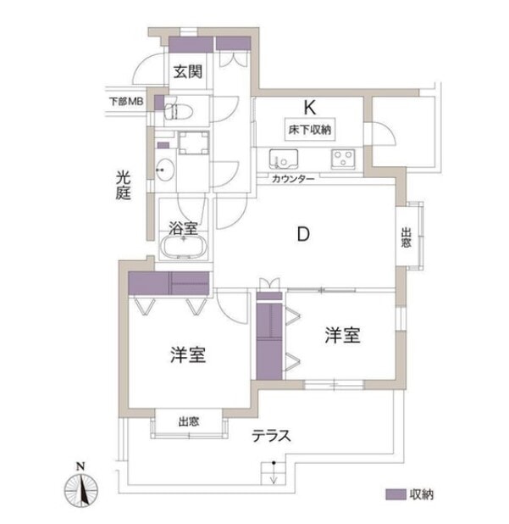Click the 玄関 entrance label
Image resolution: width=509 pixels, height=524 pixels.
pos(188,71)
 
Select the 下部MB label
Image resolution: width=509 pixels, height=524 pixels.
pos(126,101)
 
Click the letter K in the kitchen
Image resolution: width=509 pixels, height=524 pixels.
pos(309,108)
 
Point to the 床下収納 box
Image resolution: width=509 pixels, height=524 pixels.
pos(310,130)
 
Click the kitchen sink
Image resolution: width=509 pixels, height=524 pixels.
pos(284,159)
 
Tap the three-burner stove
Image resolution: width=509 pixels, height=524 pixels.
pos(343,159)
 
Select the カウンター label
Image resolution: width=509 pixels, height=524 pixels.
pos(293,179)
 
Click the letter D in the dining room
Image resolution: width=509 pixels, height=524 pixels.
pos(303,234)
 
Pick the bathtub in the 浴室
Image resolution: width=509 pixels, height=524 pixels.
pos(183,247)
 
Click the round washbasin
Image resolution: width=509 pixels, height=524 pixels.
pos(165,170)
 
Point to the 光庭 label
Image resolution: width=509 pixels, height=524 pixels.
pos(123,185)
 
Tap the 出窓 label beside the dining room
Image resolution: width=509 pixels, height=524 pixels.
pos(406,237)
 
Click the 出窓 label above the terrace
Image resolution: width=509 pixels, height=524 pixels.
pos(189,421)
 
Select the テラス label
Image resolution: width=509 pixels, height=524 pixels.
pos(271,436)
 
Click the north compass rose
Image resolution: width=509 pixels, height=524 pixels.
pos(81,488)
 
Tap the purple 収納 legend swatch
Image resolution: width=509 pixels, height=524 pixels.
pos(396,494)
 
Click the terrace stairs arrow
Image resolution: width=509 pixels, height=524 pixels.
pos(274,473)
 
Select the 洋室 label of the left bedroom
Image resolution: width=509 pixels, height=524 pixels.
pos(188,355)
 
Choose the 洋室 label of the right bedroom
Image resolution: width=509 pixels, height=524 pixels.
pos(342,335)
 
